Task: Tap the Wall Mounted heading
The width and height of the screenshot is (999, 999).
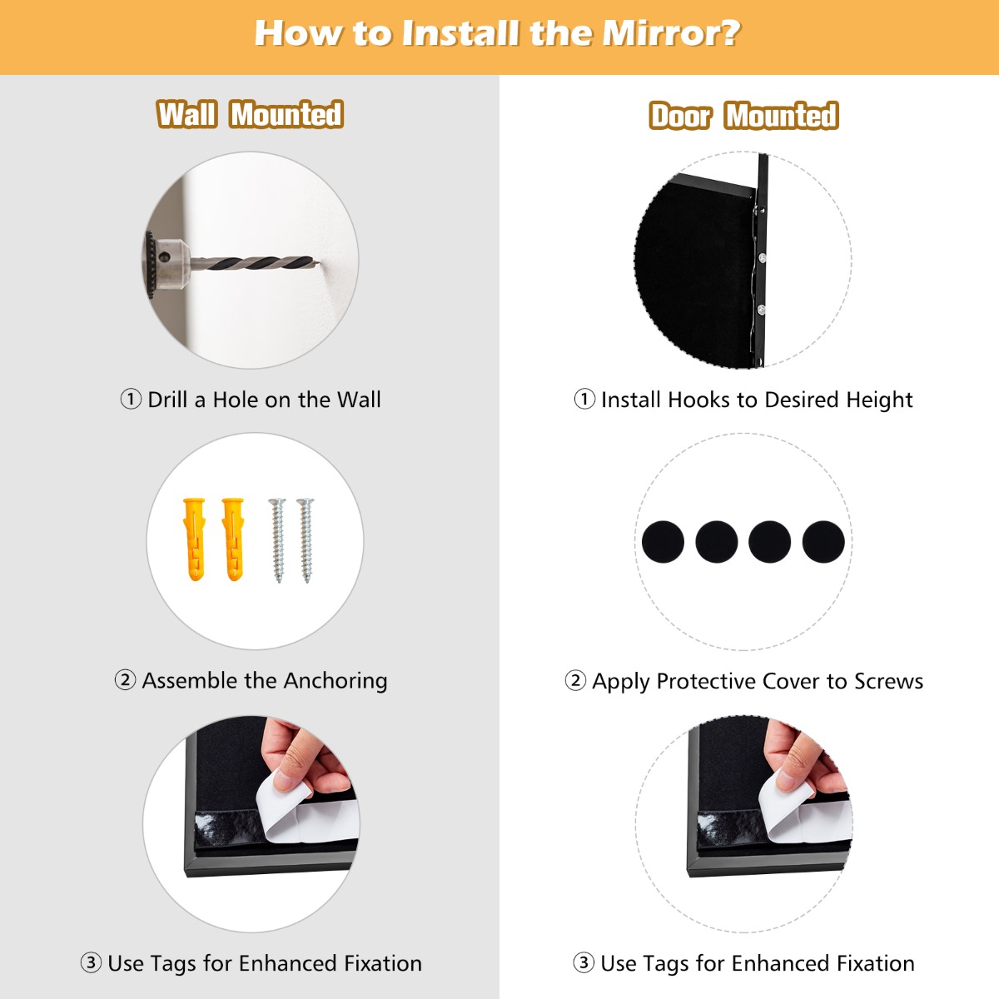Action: coord(250,114)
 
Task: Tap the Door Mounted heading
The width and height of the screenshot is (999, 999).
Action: coord(743,116)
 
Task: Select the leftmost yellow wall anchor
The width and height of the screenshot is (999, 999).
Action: coord(194,539)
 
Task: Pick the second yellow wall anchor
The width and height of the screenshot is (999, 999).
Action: coord(233,539)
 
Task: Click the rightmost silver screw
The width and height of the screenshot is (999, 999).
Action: coord(306,539)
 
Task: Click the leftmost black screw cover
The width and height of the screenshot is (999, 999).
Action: coord(663,542)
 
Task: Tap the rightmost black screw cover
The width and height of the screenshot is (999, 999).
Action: coord(823,542)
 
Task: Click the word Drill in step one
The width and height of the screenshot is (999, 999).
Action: coord(167,400)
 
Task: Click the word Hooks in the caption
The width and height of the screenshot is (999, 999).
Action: coord(698,400)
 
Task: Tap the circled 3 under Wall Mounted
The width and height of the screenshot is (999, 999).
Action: coord(91,963)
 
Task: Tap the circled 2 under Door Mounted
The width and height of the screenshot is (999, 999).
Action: coord(575,681)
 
